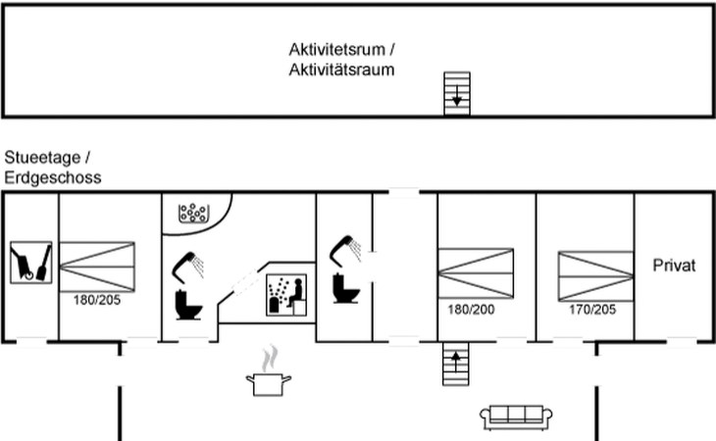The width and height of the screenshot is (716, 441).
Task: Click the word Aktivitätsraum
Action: pyautogui.click(x=341, y=70)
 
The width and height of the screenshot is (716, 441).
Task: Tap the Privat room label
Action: pyautogui.click(x=674, y=266)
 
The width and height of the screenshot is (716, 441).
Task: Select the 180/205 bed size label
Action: pyautogui.click(x=97, y=300)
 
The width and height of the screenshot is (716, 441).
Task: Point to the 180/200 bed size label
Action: pyautogui.click(x=471, y=310)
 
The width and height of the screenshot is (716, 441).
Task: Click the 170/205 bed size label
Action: pyautogui.click(x=592, y=310)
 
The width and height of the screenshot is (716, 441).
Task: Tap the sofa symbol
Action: pyautogui.click(x=516, y=416)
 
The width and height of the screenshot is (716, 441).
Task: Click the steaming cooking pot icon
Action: pyautogui.click(x=269, y=370)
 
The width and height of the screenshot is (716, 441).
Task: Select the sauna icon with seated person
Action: pyautogui.click(x=286, y=295)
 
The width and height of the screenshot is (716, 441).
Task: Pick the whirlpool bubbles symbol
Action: pyautogui.click(x=193, y=213)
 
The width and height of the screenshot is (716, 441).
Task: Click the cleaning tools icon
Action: pyautogui.click(x=31, y=263)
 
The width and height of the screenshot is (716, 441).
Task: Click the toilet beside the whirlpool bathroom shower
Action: pyautogui.click(x=188, y=305)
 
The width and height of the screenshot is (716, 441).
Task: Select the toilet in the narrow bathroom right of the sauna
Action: pyautogui.click(x=346, y=288)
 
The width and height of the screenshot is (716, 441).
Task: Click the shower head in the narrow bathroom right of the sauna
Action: pyautogui.click(x=345, y=250)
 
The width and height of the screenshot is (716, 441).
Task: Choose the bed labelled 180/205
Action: pyautogui.click(x=97, y=267)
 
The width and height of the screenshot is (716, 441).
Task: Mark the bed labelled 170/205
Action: pyautogui.click(x=596, y=276)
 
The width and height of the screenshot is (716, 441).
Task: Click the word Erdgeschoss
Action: pyautogui.click(x=53, y=177)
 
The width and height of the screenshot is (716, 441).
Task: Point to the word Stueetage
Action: pyautogui.click(x=42, y=158)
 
